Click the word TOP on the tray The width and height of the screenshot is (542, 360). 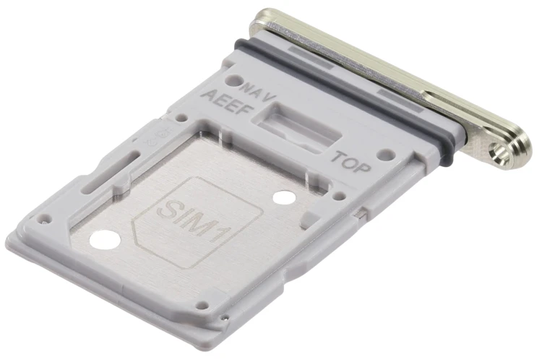tap(350, 162)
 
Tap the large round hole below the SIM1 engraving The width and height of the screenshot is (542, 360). tap(105, 240)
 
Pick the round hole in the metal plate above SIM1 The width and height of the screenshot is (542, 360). tap(284, 197)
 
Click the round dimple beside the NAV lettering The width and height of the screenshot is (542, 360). tap(233, 81)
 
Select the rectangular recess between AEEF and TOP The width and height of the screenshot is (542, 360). tap(296, 127)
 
